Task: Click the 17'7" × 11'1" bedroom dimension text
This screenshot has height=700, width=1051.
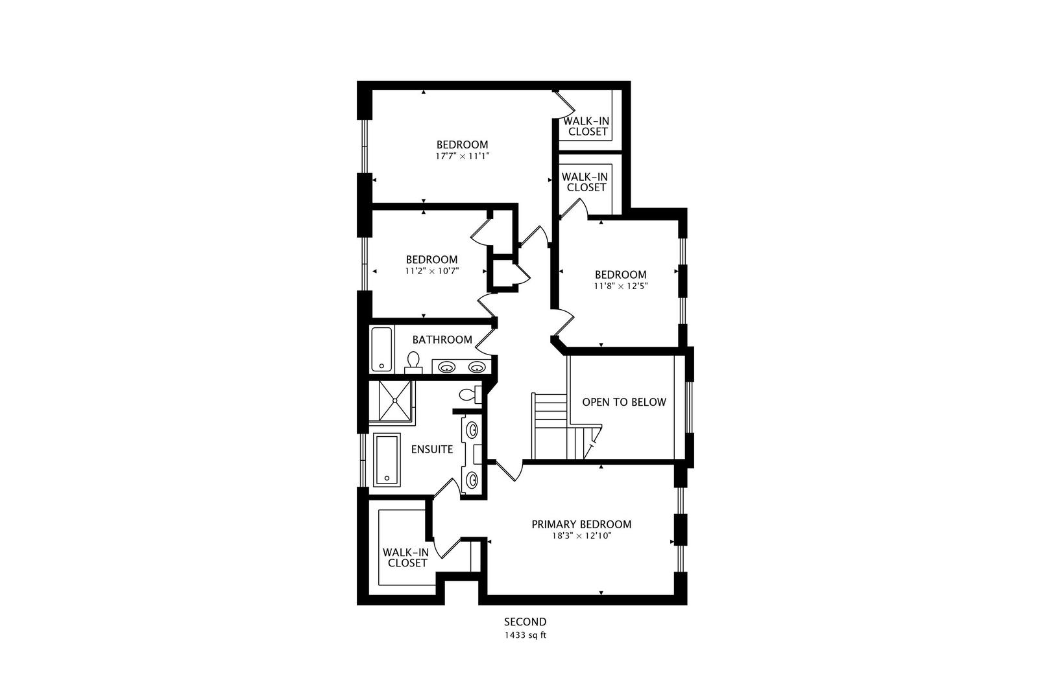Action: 462,156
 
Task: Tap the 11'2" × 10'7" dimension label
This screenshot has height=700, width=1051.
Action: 431,271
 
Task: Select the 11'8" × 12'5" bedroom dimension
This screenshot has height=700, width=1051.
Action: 621,285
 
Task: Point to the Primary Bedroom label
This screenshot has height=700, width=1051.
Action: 581,524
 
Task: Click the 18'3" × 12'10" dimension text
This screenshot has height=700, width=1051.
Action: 581,536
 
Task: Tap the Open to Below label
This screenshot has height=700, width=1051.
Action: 623,402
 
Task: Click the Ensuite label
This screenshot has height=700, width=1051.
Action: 432,449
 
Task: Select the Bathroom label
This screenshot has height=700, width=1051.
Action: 442,340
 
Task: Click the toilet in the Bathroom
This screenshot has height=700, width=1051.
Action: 413,362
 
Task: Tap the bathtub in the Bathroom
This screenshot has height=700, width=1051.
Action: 381,349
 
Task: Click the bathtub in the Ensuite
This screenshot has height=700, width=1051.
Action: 387,461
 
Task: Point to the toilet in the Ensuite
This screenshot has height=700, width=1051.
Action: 468,393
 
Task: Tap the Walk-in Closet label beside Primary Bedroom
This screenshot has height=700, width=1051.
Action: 406,557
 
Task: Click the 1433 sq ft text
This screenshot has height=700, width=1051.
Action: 525,635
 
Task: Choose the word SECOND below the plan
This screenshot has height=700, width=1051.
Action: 525,622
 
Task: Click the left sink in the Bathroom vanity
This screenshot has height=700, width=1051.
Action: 446,367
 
